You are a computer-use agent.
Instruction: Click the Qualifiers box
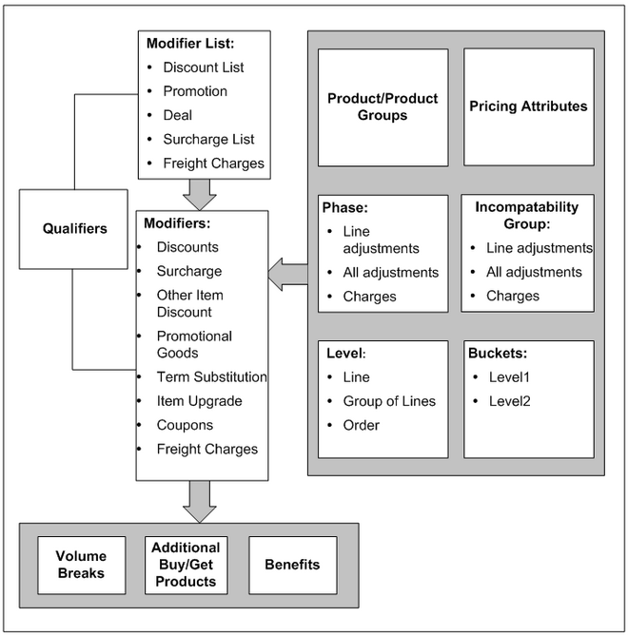coord(73,229)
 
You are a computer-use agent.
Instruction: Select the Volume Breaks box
coord(82,565)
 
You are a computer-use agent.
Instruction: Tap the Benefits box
coord(293,565)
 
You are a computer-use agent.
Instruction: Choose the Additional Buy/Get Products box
coord(186,565)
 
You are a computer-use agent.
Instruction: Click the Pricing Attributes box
coord(529,106)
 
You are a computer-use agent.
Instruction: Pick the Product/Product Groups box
coord(383,107)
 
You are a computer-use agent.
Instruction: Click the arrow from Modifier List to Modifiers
coord(200,195)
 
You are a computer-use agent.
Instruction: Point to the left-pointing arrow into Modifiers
coord(288,274)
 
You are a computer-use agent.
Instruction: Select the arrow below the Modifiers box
coord(200,502)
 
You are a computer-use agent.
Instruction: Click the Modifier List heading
coord(190,44)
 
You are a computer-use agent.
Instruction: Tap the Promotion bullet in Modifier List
coord(195,91)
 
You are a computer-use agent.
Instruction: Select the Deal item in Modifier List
coord(178,115)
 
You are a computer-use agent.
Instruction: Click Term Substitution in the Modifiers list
coord(211,376)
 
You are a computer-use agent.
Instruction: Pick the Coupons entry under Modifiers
coord(185,425)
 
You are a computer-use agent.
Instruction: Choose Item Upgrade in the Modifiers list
coord(200,401)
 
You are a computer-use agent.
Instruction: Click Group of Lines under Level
coord(389,401)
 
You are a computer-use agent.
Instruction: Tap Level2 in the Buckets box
coord(510,401)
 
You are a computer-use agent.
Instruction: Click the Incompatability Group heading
coord(526,215)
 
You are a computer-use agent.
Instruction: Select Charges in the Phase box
coord(369,297)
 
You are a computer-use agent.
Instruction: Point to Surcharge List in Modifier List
coord(208,140)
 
